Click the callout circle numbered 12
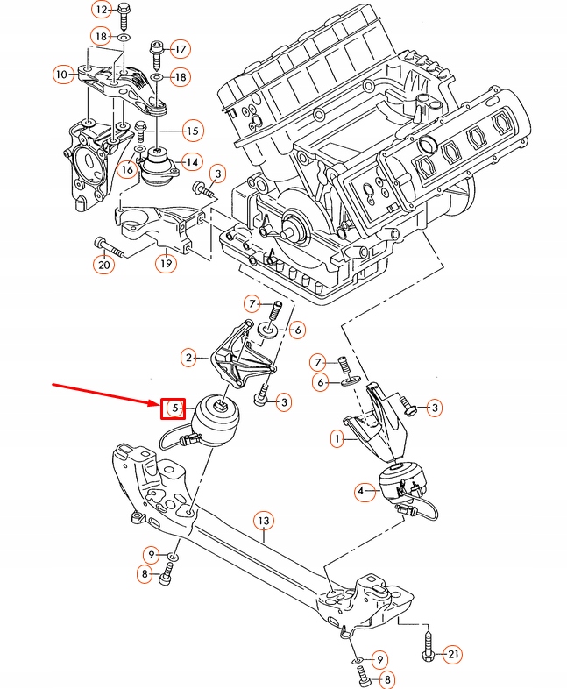tap(101, 10)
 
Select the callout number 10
tap(61, 75)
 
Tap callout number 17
tap(181, 48)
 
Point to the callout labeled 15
tap(192, 131)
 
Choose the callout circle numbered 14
tap(192, 161)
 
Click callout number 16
tap(128, 168)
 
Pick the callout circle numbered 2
tap(188, 357)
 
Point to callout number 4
tap(361, 493)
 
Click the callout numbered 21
tap(452, 654)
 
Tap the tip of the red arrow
tap(157, 402)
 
